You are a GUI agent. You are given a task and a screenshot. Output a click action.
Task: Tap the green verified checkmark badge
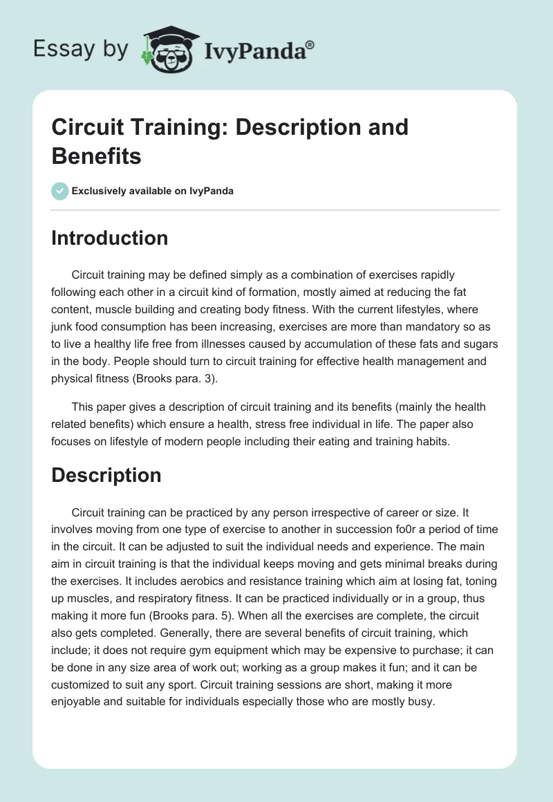(x=60, y=191)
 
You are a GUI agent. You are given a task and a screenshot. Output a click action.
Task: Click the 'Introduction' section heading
(x=110, y=238)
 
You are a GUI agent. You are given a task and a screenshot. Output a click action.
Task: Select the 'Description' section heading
(x=106, y=475)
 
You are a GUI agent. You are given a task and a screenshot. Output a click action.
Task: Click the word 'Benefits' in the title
(x=97, y=156)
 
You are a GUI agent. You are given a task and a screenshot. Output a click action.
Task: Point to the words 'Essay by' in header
(x=82, y=50)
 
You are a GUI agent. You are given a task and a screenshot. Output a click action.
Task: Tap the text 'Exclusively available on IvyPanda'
(x=153, y=191)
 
